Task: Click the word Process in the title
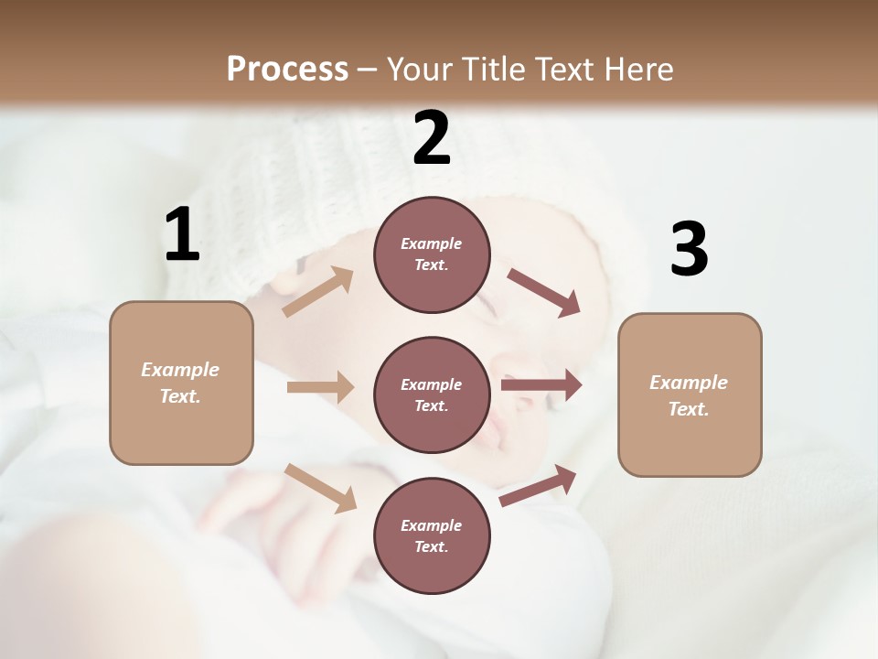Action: (287, 69)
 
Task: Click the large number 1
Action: (182, 235)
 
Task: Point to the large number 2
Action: (432, 138)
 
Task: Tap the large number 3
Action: (689, 250)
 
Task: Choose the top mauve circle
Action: (432, 254)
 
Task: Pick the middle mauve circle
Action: (432, 394)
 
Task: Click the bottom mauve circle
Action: (432, 535)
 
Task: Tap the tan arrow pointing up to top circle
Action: (317, 292)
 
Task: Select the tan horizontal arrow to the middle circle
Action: (320, 387)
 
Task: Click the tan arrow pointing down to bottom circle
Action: (320, 487)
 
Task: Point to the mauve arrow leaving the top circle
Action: (543, 293)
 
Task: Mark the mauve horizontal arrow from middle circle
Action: (541, 385)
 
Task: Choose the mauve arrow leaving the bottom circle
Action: (538, 486)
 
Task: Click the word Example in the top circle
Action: (432, 243)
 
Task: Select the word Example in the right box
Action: (689, 383)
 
